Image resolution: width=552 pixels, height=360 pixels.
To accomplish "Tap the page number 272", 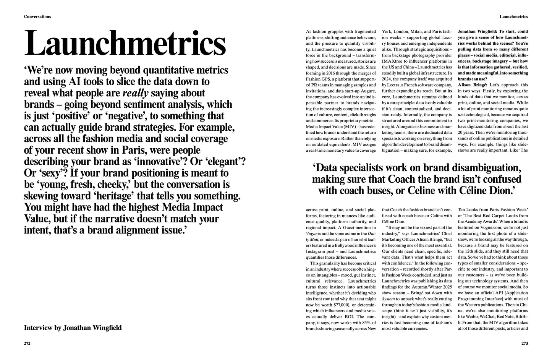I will pos(27,343).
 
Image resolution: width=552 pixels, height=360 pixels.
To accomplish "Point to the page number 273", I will pos(524,343).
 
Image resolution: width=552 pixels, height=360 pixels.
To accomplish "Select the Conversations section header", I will pos(37,16).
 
